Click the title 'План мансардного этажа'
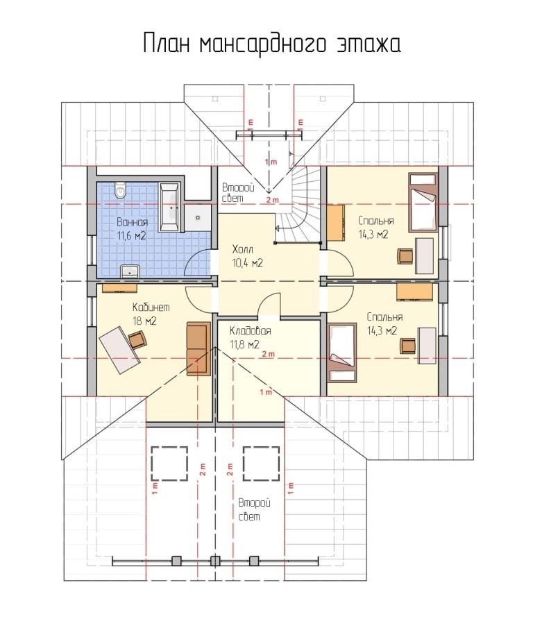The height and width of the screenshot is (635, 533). (272, 44)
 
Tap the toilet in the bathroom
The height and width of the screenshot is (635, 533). (121, 190)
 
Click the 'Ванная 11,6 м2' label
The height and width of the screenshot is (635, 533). (132, 229)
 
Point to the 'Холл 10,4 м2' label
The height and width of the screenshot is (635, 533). (248, 255)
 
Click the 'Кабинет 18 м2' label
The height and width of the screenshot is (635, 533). (151, 314)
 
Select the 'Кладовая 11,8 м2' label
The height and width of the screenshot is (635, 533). (250, 337)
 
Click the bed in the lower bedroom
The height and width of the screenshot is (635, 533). (342, 353)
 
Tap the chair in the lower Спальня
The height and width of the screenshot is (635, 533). (408, 346)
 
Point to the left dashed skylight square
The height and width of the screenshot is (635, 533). (169, 464)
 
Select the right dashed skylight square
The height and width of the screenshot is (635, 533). (261, 464)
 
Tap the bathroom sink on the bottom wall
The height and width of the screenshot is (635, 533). (130, 271)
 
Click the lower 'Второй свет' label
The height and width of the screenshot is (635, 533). (254, 510)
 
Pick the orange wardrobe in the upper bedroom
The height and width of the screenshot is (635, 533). (336, 223)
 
